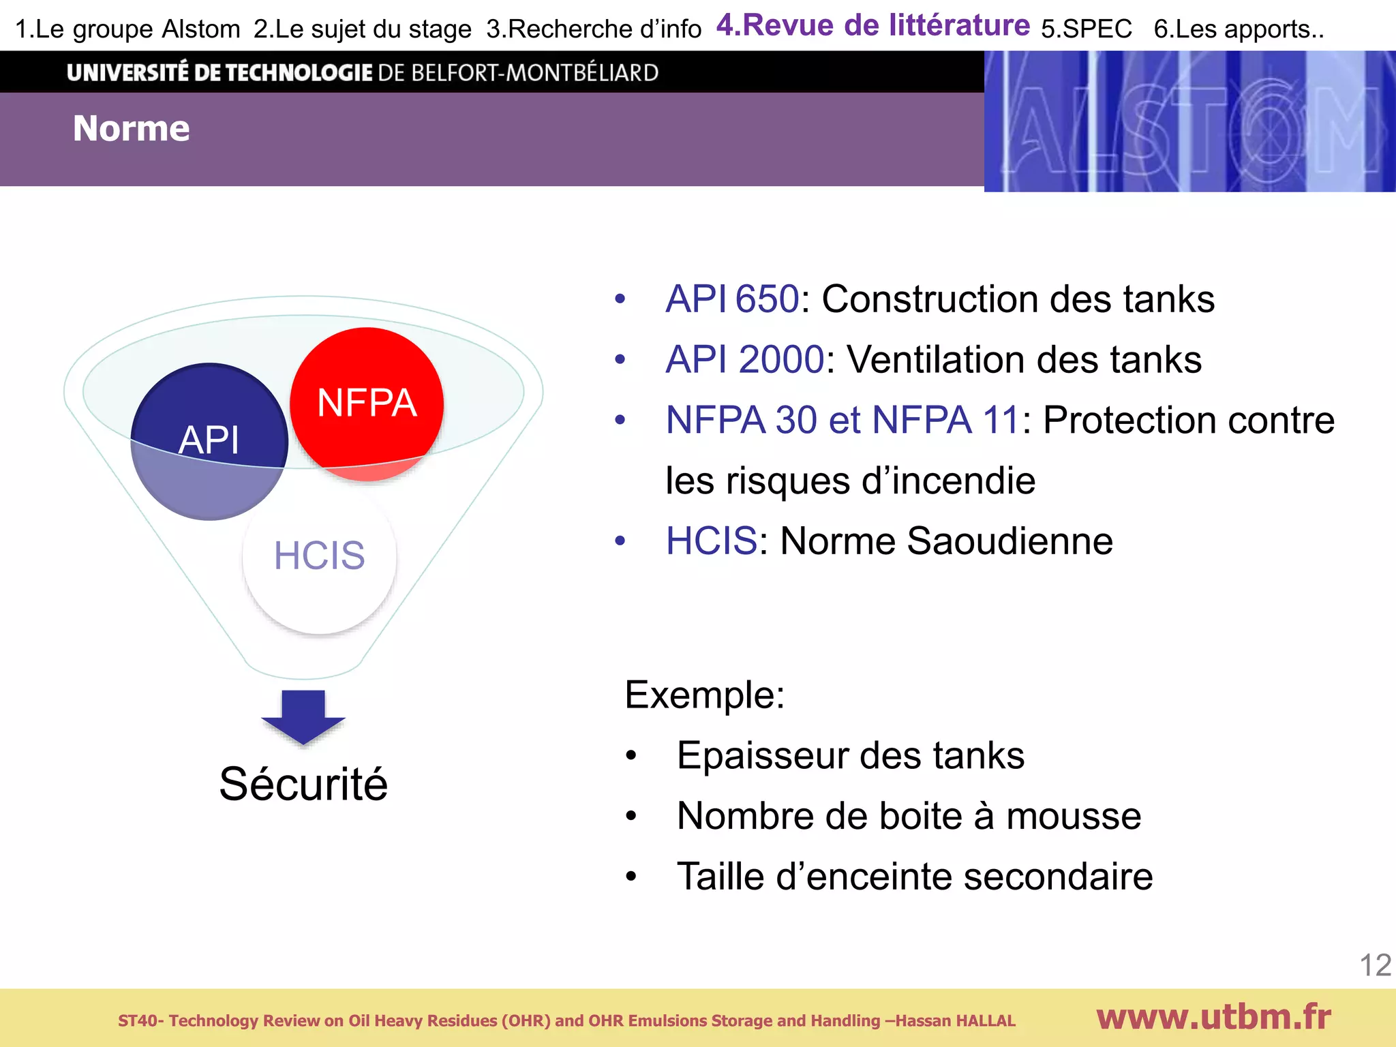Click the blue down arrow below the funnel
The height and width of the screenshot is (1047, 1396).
pyautogui.click(x=303, y=717)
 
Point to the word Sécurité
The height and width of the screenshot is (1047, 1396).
pyautogui.click(x=303, y=784)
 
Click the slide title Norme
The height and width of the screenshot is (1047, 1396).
pyautogui.click(x=132, y=129)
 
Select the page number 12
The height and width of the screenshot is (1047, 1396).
pyautogui.click(x=1375, y=965)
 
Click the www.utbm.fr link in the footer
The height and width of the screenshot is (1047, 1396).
pyautogui.click(x=1213, y=1017)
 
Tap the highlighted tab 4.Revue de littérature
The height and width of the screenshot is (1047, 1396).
pyautogui.click(x=872, y=26)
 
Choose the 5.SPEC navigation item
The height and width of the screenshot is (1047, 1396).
pyautogui.click(x=1086, y=29)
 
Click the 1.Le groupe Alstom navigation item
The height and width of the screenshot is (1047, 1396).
pyautogui.click(x=127, y=29)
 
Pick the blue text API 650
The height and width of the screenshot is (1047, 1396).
pyautogui.click(x=731, y=299)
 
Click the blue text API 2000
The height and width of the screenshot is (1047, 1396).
pyautogui.click(x=744, y=360)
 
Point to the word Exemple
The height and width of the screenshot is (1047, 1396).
pyautogui.click(x=704, y=695)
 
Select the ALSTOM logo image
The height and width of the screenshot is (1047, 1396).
pyautogui.click(x=1189, y=121)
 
